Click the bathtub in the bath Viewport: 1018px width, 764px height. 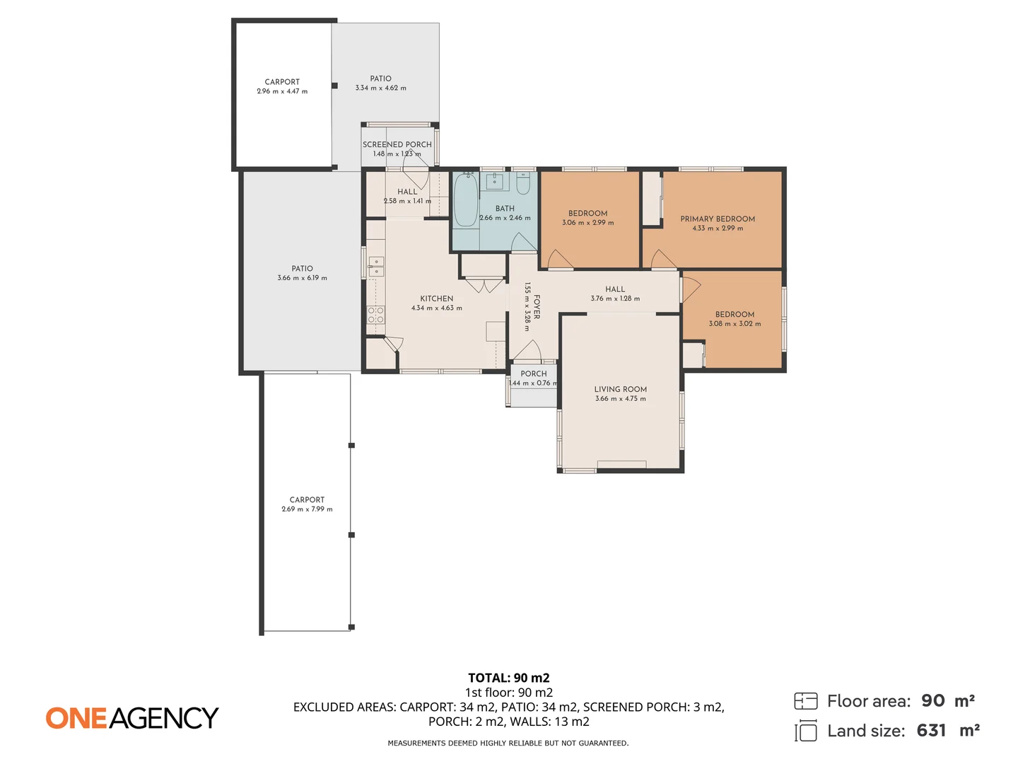(466, 199)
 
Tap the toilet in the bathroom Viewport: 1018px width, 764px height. (523, 183)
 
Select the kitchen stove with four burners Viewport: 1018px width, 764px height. (375, 314)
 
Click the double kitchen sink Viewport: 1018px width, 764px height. (375, 267)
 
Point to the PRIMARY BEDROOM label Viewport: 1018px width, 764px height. (717, 219)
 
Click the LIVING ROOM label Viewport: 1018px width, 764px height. (620, 389)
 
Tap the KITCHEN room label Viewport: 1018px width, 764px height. (436, 299)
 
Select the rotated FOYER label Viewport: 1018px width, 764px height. (537, 306)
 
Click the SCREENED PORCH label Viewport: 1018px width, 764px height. (397, 145)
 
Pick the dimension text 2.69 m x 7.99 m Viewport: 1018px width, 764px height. (307, 509)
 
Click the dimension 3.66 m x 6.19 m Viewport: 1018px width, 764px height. (302, 278)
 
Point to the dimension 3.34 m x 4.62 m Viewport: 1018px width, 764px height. (381, 88)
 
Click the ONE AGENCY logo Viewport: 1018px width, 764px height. (132, 717)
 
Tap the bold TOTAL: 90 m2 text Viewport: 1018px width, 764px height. (509, 678)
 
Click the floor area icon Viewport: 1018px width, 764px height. (806, 701)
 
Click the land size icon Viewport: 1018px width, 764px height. (806, 731)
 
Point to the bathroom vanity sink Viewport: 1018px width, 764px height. (495, 181)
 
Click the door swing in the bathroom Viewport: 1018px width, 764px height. (524, 242)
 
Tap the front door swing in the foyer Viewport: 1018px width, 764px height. (528, 351)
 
